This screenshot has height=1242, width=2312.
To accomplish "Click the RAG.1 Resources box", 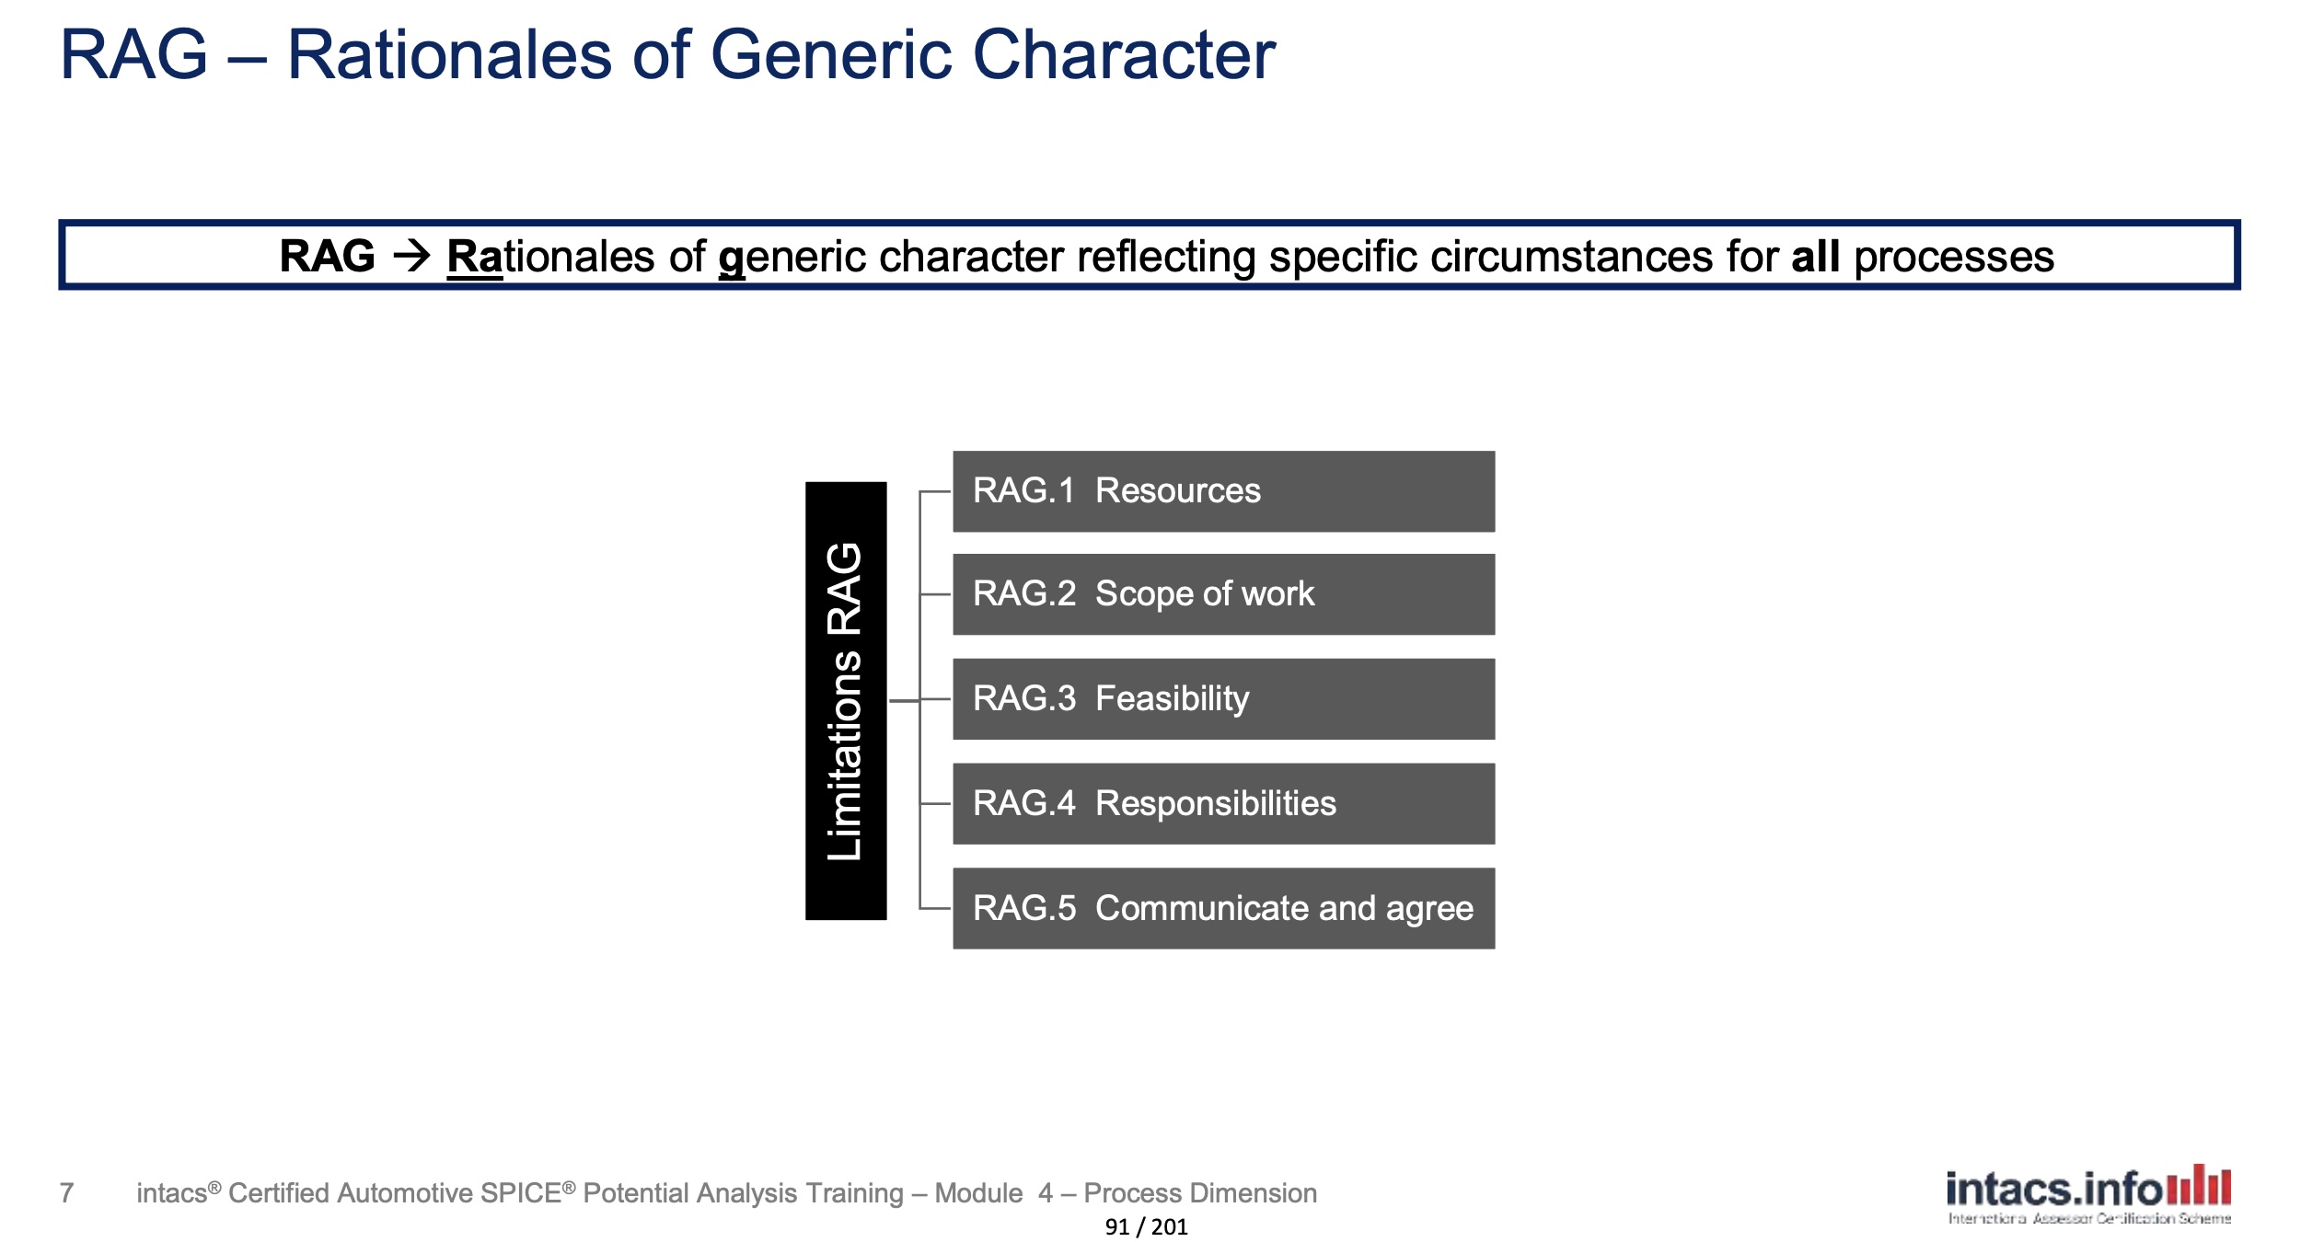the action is coord(1223,491).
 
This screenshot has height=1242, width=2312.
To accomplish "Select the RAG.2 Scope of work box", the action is coord(1223,594).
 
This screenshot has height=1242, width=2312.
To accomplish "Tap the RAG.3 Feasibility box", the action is coord(1223,699).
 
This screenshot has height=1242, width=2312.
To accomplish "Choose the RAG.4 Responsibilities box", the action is coord(1223,804).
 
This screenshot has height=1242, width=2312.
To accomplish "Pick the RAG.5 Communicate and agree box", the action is coord(1223,909).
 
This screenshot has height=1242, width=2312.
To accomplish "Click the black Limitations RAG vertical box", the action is coord(846,701).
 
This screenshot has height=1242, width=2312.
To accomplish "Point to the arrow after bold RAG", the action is coord(411,256).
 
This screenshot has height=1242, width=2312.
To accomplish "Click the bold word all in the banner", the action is coord(1815,256).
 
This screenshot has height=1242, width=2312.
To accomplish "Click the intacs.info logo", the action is coord(2088,1195).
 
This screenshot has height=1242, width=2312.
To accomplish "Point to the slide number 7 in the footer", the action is coord(66,1193).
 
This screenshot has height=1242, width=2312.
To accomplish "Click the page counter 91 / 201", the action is coord(1146,1226).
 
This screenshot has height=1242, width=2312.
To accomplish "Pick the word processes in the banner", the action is coord(1954,258).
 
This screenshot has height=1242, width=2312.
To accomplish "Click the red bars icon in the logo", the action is coord(2199,1184).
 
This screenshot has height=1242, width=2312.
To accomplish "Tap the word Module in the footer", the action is coord(978,1193).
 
